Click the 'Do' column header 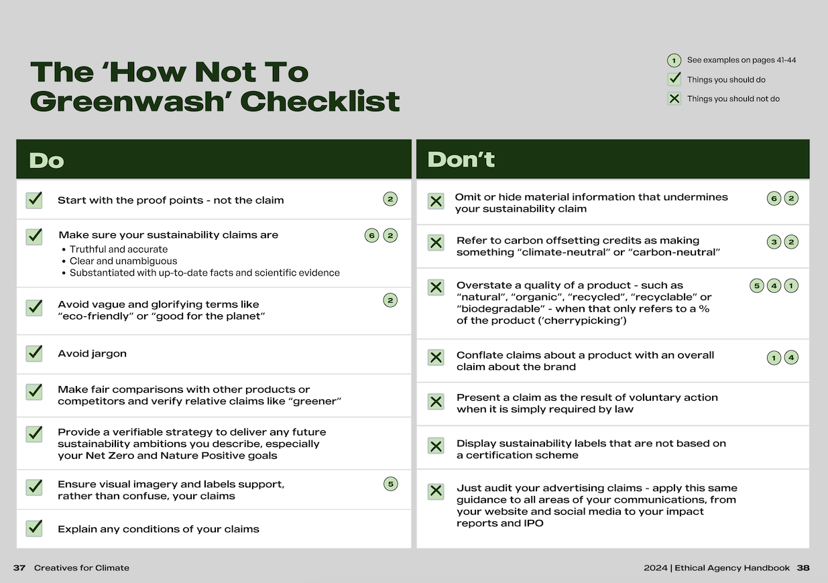coord(47,161)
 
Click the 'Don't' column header coord(461,159)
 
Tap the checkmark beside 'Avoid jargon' coord(34,353)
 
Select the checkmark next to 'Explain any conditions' coord(34,528)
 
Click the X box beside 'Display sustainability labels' coord(436,446)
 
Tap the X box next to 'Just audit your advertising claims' coord(436,491)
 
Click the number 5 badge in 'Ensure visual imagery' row coord(390,484)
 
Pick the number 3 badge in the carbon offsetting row coord(774,242)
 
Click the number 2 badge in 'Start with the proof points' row coord(390,199)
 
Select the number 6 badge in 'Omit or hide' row coord(774,198)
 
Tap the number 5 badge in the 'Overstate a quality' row coord(756,286)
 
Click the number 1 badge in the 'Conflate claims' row coord(774,358)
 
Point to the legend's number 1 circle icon coord(674,61)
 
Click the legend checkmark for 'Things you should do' coord(674,79)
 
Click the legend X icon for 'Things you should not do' coord(674,99)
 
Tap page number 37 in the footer coord(19,568)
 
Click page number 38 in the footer coord(803,568)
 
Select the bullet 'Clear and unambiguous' coord(123,261)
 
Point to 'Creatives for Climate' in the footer coord(82,568)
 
